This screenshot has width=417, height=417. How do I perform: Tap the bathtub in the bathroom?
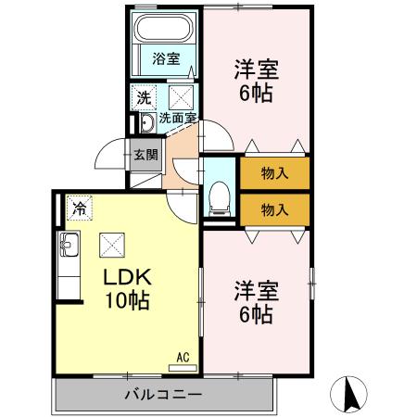[x=167, y=29]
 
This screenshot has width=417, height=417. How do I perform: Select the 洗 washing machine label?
[x=145, y=96]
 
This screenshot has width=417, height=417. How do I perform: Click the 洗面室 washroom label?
[x=176, y=118]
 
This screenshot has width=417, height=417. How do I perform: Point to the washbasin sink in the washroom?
[x=145, y=124]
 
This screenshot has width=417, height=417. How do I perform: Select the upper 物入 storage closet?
[x=275, y=172]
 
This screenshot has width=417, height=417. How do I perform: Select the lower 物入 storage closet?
[x=275, y=208]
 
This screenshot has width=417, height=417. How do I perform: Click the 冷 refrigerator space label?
[x=80, y=208]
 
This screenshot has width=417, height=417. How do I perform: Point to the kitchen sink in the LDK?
[x=69, y=246]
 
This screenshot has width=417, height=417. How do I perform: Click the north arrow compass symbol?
[x=351, y=393]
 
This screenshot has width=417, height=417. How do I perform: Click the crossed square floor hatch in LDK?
[x=113, y=245]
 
